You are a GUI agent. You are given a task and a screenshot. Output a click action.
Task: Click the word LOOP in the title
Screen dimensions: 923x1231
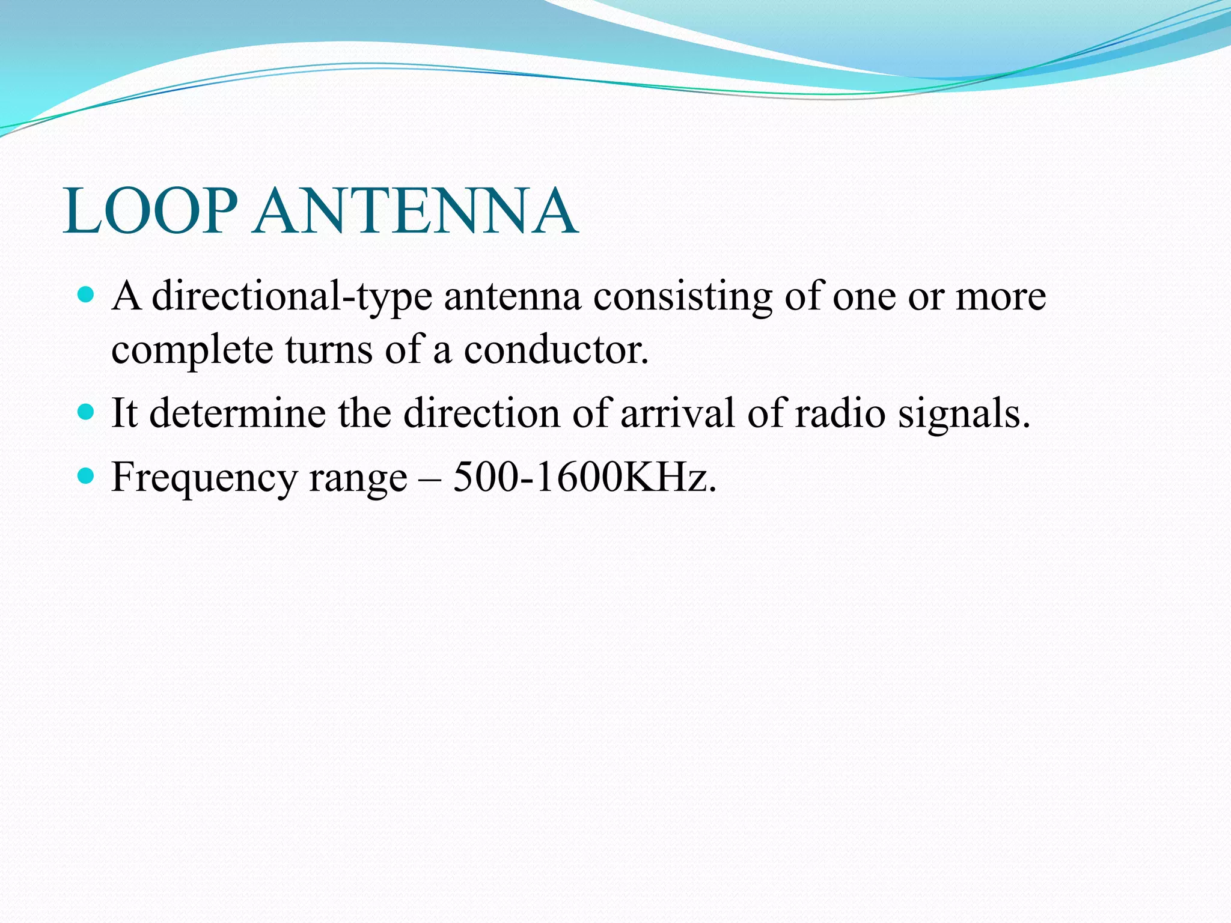coord(150,211)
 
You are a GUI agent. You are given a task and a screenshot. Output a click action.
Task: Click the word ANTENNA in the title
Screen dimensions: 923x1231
coord(415,211)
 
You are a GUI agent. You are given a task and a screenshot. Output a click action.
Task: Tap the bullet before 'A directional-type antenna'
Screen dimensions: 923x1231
coord(87,294)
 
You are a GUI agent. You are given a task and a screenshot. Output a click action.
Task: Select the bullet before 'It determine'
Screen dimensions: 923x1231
coord(87,412)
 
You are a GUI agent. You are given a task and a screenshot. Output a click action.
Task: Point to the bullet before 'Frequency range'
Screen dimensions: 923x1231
coord(87,476)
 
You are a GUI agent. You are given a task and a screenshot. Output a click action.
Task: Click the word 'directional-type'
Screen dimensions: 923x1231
coord(292,296)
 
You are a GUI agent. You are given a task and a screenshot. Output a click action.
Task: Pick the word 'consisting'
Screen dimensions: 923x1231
coord(683,296)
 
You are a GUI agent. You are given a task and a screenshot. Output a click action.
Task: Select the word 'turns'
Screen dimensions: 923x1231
coord(328,349)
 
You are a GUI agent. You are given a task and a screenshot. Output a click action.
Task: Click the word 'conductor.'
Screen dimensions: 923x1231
coord(556,349)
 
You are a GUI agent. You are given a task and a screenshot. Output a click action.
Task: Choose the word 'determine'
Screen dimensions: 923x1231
coord(237,413)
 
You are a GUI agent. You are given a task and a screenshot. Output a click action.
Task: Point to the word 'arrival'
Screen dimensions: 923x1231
coord(677,413)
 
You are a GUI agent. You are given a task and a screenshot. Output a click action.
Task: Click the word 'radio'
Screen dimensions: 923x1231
coord(840,413)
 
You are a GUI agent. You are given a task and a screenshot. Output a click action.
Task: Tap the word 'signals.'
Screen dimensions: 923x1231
coord(964,414)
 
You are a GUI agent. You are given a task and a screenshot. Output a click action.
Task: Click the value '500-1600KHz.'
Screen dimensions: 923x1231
coord(585,477)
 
